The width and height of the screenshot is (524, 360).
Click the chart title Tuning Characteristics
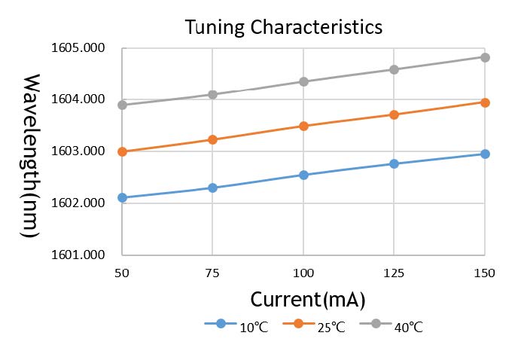coord(284,27)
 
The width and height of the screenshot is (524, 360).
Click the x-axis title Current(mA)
coord(308,299)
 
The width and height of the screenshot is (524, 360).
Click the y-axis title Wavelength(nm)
coord(31,156)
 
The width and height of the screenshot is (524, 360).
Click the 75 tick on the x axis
coord(213,272)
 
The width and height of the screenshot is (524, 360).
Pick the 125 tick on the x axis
coord(394,272)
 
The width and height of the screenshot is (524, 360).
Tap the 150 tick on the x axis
coord(484,272)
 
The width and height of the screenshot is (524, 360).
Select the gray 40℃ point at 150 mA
coord(485,57)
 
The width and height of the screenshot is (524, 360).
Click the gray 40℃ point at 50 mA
coord(123,105)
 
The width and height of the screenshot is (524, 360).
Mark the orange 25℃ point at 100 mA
coord(303,126)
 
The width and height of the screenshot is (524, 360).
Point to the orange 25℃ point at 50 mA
coord(123,151)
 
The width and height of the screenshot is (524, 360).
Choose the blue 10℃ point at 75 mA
coord(213,188)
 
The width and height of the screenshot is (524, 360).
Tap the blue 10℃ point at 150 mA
coord(485,154)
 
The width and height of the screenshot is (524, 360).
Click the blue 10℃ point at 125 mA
coord(394,163)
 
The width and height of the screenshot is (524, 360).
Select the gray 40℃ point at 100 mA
coord(303,81)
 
